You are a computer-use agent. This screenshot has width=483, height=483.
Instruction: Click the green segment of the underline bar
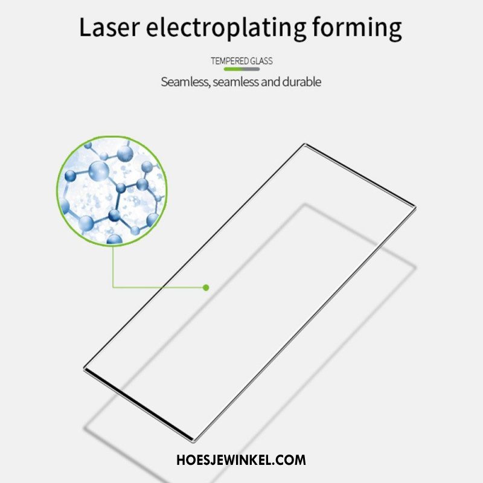click(232, 69)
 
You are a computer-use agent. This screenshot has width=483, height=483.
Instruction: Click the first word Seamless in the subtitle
click(185, 82)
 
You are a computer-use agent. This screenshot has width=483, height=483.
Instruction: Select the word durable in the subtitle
click(300, 82)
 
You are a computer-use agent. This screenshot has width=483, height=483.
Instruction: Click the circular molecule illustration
click(112, 191)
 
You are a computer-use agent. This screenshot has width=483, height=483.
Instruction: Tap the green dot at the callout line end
click(206, 287)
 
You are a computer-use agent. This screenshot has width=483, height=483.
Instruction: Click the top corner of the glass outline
click(305, 144)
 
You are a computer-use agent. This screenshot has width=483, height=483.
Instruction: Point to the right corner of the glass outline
click(415, 207)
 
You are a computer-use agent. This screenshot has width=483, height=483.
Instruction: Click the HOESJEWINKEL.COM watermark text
click(241, 459)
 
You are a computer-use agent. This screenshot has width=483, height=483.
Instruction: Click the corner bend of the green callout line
click(113, 287)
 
